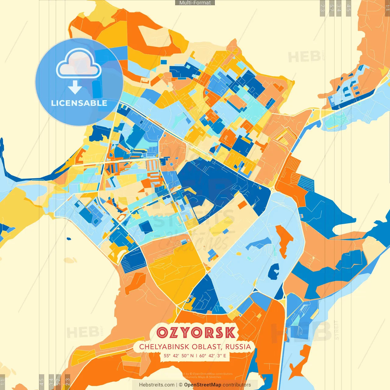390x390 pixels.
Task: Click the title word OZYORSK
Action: (x=196, y=332)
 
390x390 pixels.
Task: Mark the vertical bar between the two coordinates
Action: (x=197, y=356)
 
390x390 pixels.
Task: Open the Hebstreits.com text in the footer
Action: (x=157, y=385)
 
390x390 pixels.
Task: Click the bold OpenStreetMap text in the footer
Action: (x=203, y=385)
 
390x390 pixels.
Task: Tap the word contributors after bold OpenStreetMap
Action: (x=237, y=385)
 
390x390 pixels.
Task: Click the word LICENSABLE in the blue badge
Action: (x=79, y=103)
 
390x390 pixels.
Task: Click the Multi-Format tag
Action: (x=195, y=3)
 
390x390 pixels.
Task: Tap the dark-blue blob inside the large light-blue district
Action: (x=274, y=271)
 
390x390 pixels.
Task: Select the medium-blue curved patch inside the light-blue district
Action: (x=259, y=243)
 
